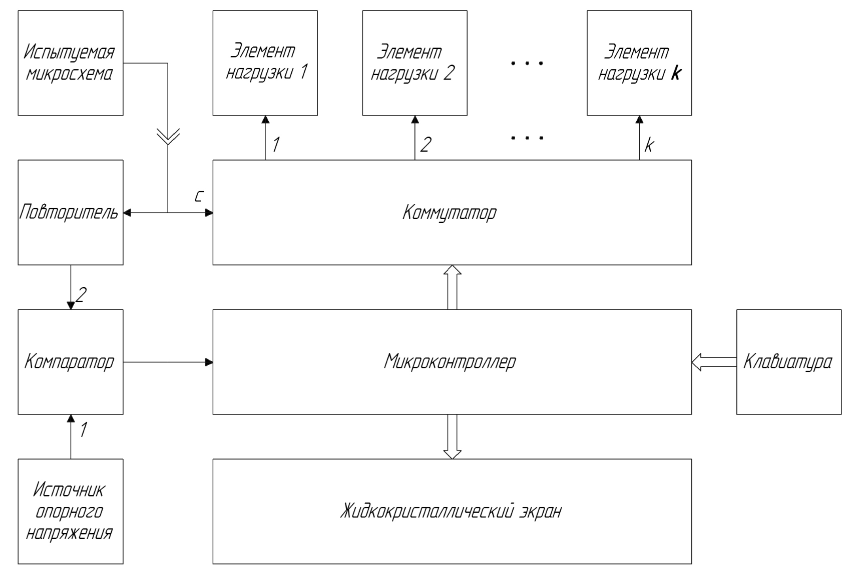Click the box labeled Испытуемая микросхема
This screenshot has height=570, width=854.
(70, 63)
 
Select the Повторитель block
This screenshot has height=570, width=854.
(70, 212)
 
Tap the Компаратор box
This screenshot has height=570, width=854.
(70, 361)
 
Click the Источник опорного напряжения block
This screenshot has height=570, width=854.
(70, 511)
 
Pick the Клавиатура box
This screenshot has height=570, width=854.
(788, 361)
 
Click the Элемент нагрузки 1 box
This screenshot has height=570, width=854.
(265, 63)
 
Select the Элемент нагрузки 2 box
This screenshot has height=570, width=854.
(414, 63)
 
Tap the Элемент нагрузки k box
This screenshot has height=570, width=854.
(639, 63)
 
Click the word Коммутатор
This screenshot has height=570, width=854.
(450, 212)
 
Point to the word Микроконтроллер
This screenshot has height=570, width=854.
(450, 361)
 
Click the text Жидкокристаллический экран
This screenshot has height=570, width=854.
(451, 511)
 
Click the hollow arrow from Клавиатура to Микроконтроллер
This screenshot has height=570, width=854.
(714, 361)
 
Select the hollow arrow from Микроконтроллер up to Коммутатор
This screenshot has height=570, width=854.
(453, 287)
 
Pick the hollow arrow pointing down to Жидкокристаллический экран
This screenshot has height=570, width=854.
(453, 436)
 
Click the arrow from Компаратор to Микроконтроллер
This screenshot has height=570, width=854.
(168, 361)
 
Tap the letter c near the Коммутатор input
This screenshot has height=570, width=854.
(199, 196)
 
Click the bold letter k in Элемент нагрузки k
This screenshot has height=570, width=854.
(676, 74)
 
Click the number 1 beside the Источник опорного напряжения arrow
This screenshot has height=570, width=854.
(84, 429)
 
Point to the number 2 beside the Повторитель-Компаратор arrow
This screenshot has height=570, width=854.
(81, 294)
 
